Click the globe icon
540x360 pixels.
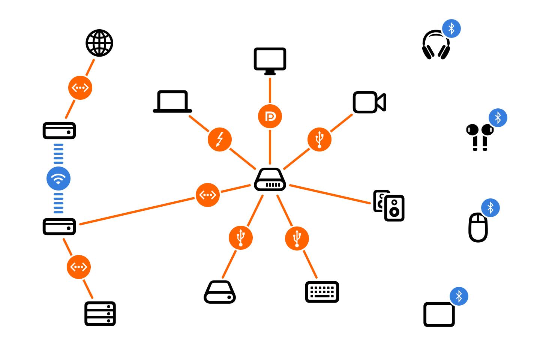[99, 43]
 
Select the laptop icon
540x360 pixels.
[172, 102]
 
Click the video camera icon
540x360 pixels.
[369, 102]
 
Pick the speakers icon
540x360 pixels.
[389, 206]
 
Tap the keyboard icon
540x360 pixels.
[322, 292]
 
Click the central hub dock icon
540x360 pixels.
[270, 180]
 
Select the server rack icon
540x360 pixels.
[100, 313]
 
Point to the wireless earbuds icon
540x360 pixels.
[480, 137]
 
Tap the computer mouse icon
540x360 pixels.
[478, 228]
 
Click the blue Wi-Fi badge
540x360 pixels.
[58, 178]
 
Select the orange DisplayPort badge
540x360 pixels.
[270, 116]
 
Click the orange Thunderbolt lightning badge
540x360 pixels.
[220, 139]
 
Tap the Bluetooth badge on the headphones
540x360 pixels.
[451, 28]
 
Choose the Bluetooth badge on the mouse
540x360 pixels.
[490, 208]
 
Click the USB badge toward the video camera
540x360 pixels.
[319, 139]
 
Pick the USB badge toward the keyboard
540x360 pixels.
[297, 238]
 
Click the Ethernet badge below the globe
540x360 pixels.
[80, 88]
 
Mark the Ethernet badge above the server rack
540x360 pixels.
[79, 267]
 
